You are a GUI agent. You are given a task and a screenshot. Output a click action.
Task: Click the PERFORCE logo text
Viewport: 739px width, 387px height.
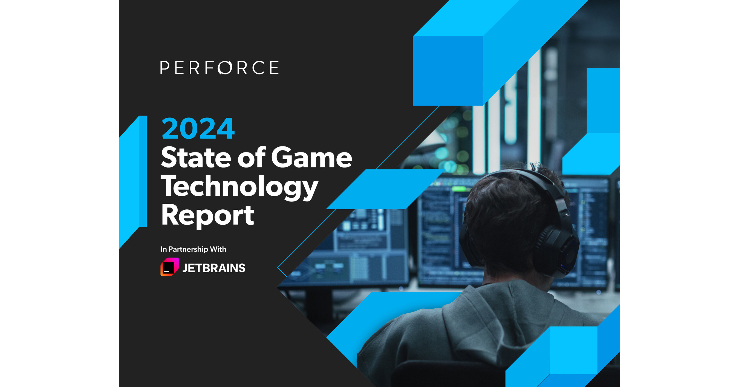pyautogui.click(x=220, y=68)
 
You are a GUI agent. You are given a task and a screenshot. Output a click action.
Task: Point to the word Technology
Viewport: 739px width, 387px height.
pyautogui.click(x=239, y=187)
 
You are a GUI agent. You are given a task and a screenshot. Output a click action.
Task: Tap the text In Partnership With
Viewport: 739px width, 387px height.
pyautogui.click(x=193, y=249)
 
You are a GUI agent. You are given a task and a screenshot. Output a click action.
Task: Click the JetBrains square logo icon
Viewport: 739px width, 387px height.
pyautogui.click(x=169, y=267)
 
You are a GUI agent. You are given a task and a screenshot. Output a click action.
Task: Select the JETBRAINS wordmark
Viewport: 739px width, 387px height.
pyautogui.click(x=214, y=268)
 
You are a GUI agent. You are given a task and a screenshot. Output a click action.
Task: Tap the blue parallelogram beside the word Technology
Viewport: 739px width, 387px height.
pyautogui.click(x=385, y=189)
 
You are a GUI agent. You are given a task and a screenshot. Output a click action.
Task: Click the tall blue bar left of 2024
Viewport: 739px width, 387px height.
pyautogui.click(x=143, y=171)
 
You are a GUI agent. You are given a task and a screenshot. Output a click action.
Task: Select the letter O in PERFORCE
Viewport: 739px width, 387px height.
pyautogui.click(x=225, y=68)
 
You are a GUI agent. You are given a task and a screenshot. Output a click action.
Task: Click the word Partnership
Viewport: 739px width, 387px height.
pyautogui.click(x=188, y=249)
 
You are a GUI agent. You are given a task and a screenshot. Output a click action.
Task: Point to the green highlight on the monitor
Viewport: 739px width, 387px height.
pyautogui.click(x=458, y=189)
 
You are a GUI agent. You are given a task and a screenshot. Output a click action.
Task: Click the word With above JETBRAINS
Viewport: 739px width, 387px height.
pyautogui.click(x=218, y=249)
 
